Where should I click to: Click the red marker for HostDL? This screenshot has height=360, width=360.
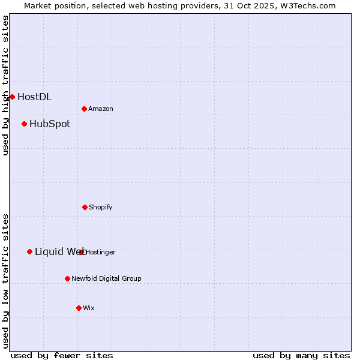(12, 97)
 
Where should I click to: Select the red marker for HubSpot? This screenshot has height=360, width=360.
(24, 124)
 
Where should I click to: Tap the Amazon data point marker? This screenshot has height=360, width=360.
(84, 109)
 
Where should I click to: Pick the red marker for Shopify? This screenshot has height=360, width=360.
(85, 207)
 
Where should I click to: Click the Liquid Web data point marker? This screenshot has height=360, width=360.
(29, 251)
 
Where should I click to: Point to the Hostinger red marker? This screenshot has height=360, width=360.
(82, 252)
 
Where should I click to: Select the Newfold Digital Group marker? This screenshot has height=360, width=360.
(67, 278)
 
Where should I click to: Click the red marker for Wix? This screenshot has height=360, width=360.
(79, 308)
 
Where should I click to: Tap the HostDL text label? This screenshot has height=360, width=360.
(34, 97)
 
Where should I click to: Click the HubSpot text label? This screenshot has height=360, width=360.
(50, 124)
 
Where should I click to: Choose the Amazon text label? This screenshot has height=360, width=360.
(101, 109)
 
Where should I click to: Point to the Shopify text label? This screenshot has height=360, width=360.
(101, 207)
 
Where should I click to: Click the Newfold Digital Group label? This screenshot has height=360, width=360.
(106, 278)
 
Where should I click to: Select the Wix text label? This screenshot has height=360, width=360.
(89, 308)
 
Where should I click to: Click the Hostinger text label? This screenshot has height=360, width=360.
(101, 252)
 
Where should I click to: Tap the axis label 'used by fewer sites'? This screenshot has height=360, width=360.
(62, 355)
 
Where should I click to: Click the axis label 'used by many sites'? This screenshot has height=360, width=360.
(301, 355)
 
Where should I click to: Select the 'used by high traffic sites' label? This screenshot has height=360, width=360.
(5, 85)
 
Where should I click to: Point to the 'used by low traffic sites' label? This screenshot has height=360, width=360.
(5, 281)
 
